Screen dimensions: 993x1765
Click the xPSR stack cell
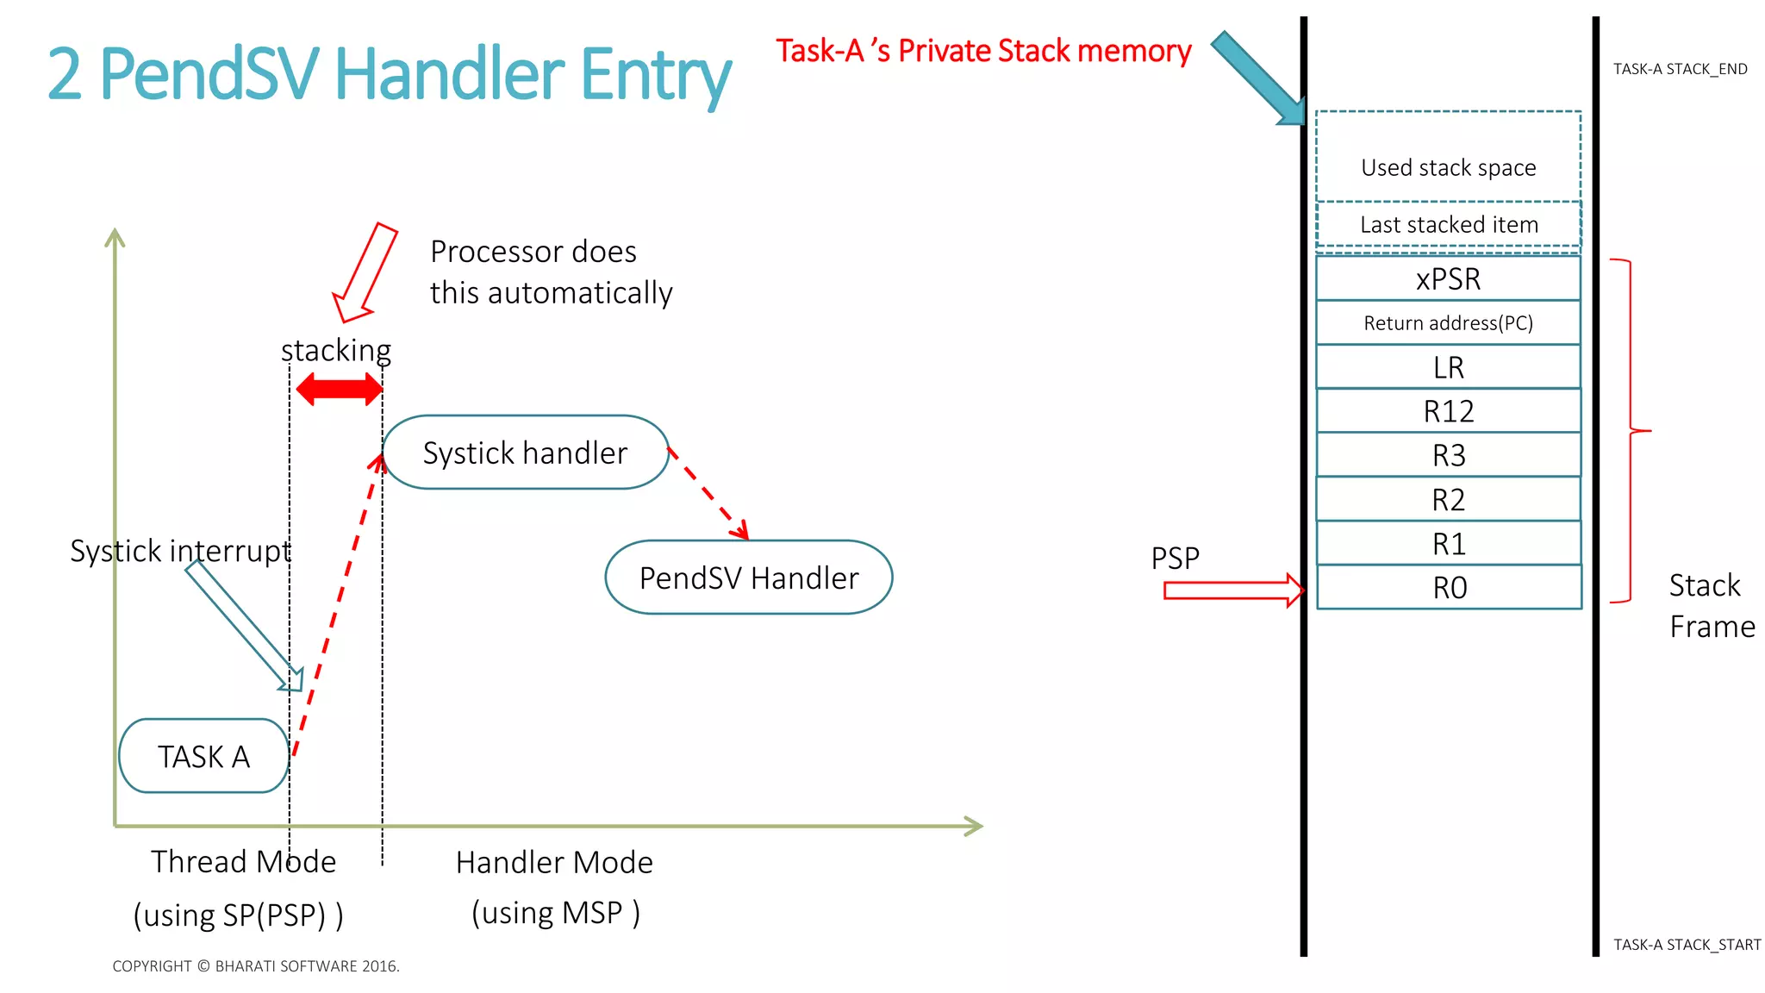click(1448, 278)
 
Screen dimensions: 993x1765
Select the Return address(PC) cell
click(1448, 323)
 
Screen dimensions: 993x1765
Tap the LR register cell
click(1448, 367)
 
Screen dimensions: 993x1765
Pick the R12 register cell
click(1448, 411)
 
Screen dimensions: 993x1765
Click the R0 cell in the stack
click(1449, 587)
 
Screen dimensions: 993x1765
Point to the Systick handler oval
click(525, 453)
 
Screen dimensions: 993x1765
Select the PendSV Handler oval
click(748, 578)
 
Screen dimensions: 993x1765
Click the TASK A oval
click(203, 756)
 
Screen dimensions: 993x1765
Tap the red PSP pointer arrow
click(1232, 590)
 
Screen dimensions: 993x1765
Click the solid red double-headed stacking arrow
click(339, 390)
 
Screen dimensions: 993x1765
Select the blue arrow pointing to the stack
click(1258, 78)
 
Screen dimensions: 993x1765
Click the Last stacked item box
click(1448, 225)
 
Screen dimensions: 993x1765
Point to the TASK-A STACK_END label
click(1680, 69)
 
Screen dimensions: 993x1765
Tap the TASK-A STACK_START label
click(1687, 945)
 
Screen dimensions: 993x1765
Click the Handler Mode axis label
click(554, 863)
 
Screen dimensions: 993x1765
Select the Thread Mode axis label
click(243, 862)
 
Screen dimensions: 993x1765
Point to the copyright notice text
click(256, 966)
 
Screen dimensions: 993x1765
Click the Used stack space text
click(1448, 167)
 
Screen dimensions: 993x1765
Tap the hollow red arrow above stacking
click(365, 272)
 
